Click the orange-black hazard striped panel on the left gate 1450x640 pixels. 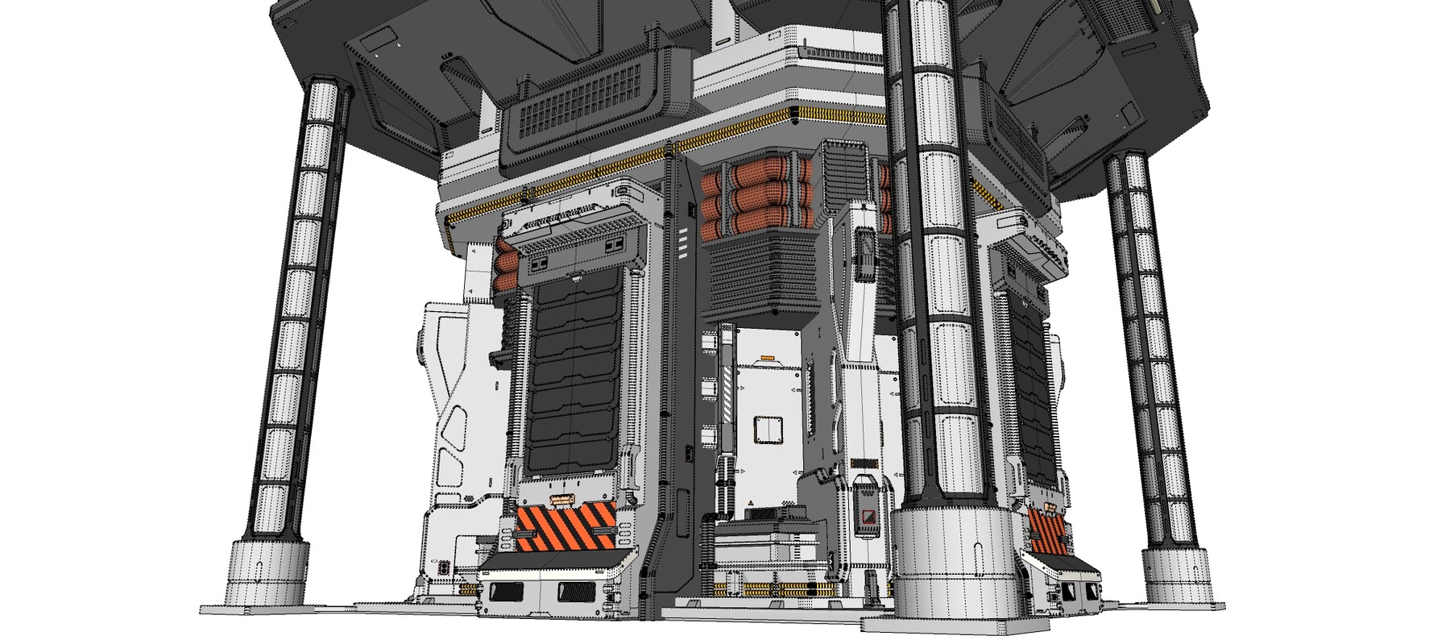click(x=566, y=524)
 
